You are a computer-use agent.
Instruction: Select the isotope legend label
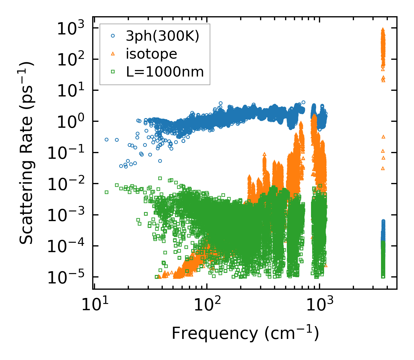tap(151, 54)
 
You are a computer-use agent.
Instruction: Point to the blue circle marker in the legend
tap(113, 36)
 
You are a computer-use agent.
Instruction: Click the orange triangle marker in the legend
tap(113, 54)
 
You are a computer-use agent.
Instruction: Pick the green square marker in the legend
tap(113, 72)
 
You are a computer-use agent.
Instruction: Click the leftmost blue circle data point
tap(106, 139)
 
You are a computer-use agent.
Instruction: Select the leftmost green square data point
tap(106, 192)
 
